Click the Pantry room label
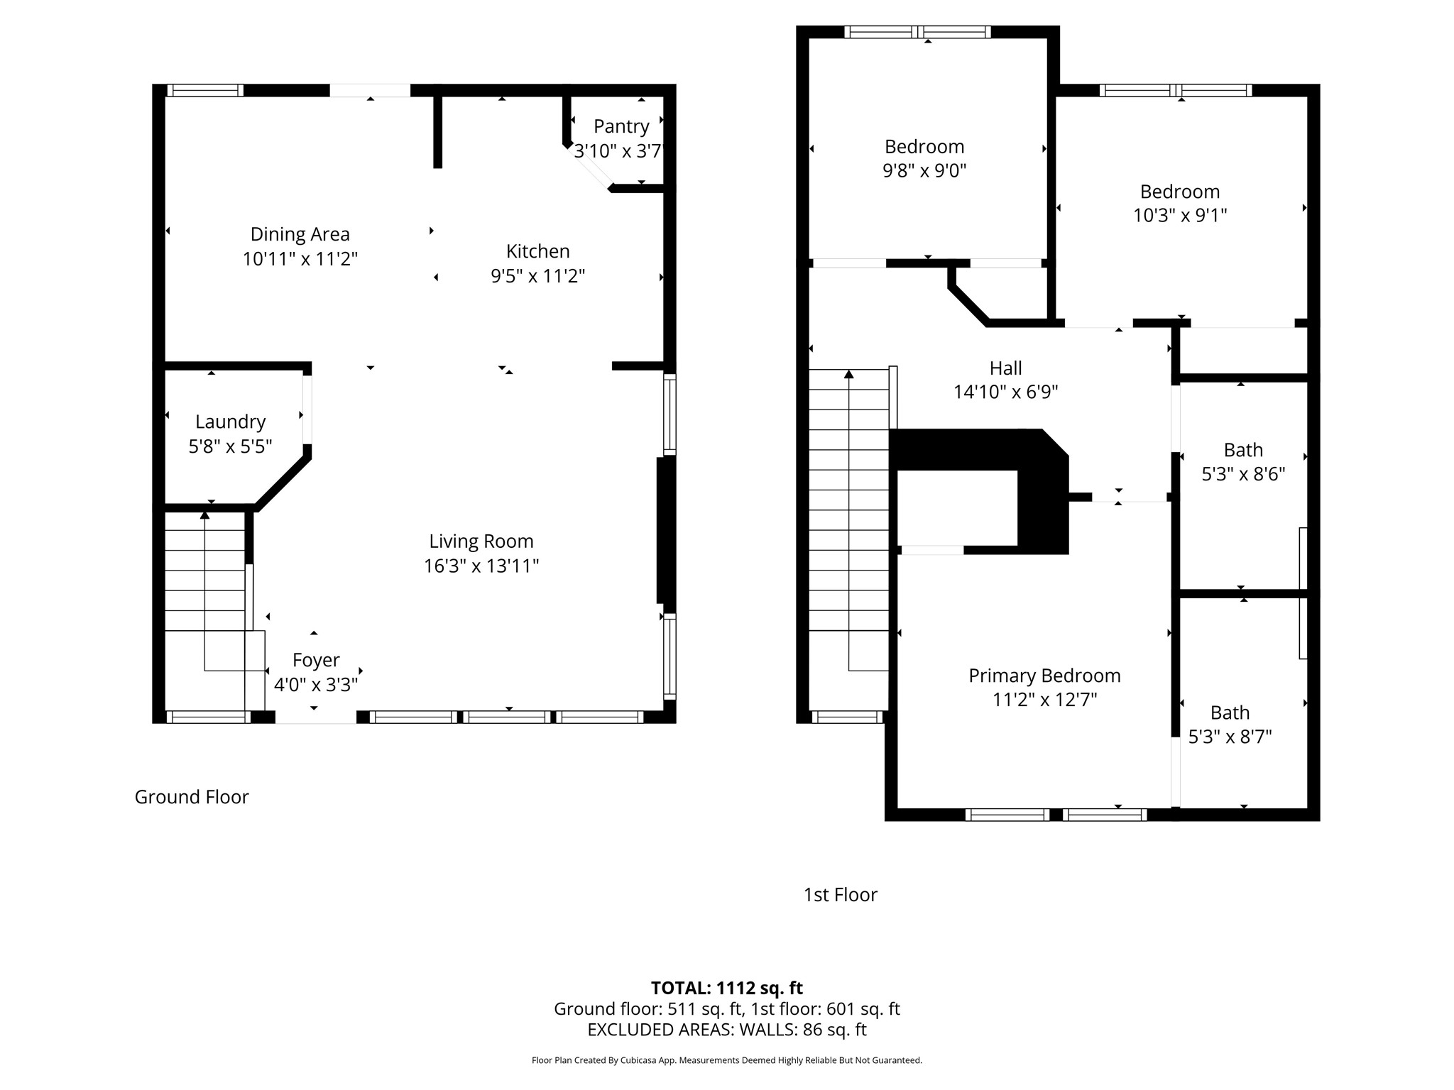(621, 126)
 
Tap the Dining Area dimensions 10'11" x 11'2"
(300, 259)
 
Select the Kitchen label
(538, 251)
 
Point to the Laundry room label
(231, 422)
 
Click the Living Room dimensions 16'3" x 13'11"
(481, 566)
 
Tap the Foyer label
(316, 661)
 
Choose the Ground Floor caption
(192, 797)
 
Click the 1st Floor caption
(841, 895)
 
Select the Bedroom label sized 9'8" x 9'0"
(924, 147)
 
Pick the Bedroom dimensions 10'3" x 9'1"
(1180, 216)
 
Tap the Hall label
(1006, 368)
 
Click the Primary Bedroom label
(1045, 676)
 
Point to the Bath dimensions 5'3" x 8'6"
(1244, 474)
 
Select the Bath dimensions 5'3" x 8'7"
(1230, 737)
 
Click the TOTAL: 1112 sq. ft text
(727, 988)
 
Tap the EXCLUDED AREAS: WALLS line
(727, 1030)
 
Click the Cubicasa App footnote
(727, 1060)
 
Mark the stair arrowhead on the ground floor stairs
(205, 515)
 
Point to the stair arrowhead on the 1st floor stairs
(849, 374)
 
